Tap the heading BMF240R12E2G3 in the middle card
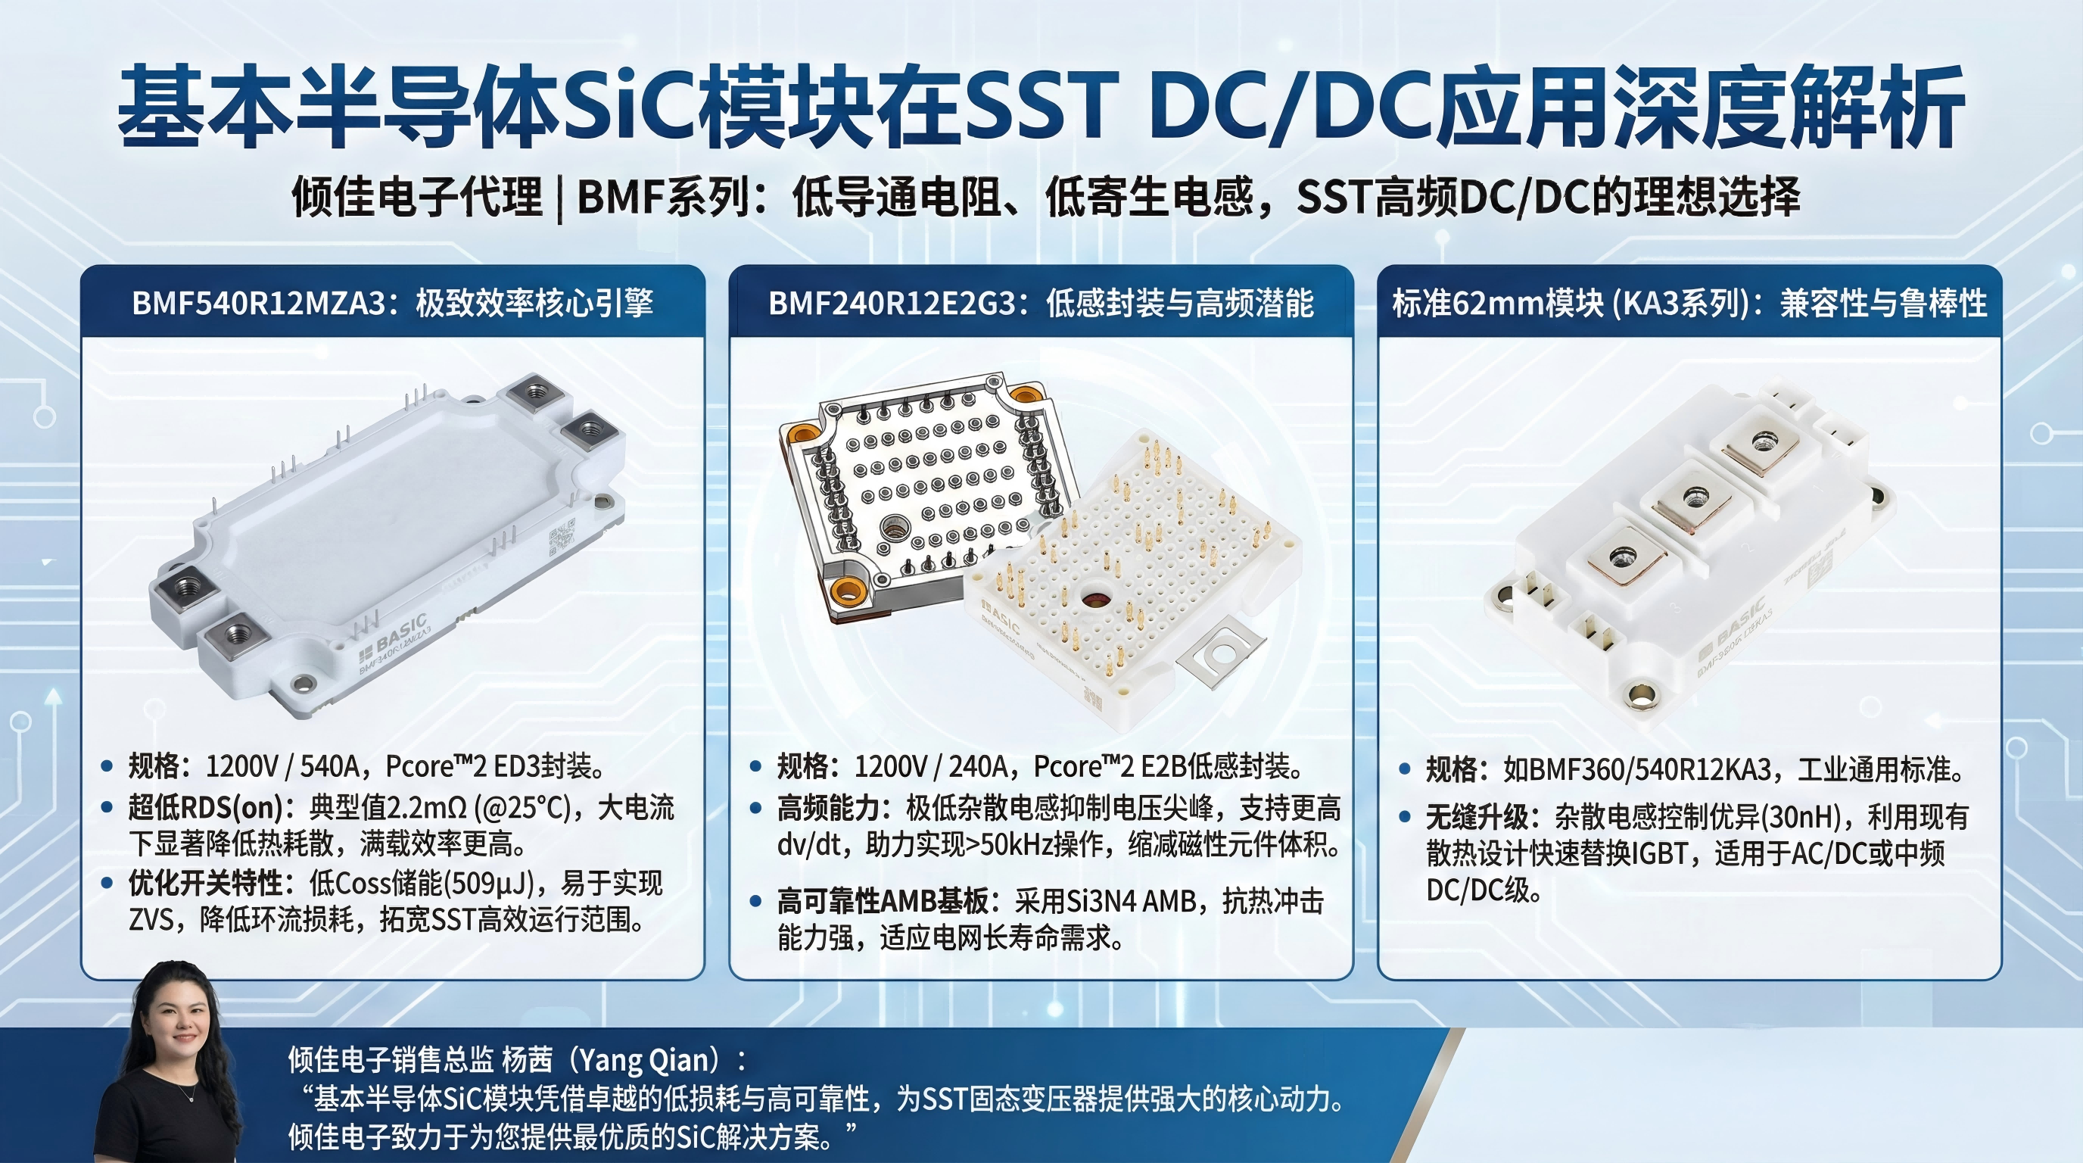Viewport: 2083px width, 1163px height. (x=892, y=304)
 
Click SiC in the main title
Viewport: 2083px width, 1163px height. (x=630, y=108)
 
